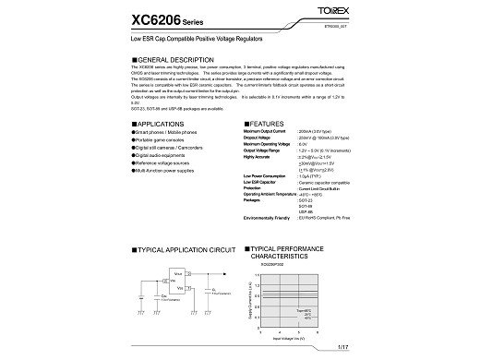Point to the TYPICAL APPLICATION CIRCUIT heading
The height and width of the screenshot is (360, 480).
(x=184, y=249)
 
